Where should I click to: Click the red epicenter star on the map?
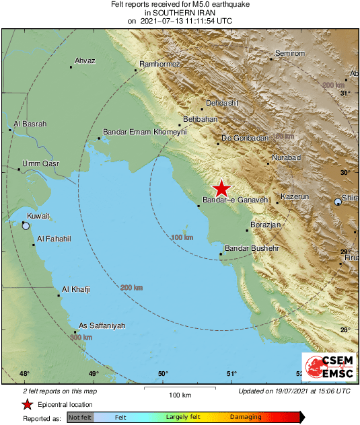pyautogui.click(x=221, y=189)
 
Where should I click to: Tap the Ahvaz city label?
pyautogui.click(x=85, y=61)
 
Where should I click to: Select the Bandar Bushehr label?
pyautogui.click(x=251, y=249)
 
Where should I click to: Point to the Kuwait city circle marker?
pyautogui.click(x=26, y=227)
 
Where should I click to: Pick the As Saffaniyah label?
pyautogui.click(x=102, y=326)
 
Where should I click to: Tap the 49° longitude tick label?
pyautogui.click(x=94, y=374)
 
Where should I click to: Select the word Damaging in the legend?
pyautogui.click(x=246, y=417)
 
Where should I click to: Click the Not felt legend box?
pyautogui.click(x=79, y=417)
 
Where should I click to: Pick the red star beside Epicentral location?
pyautogui.click(x=28, y=404)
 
